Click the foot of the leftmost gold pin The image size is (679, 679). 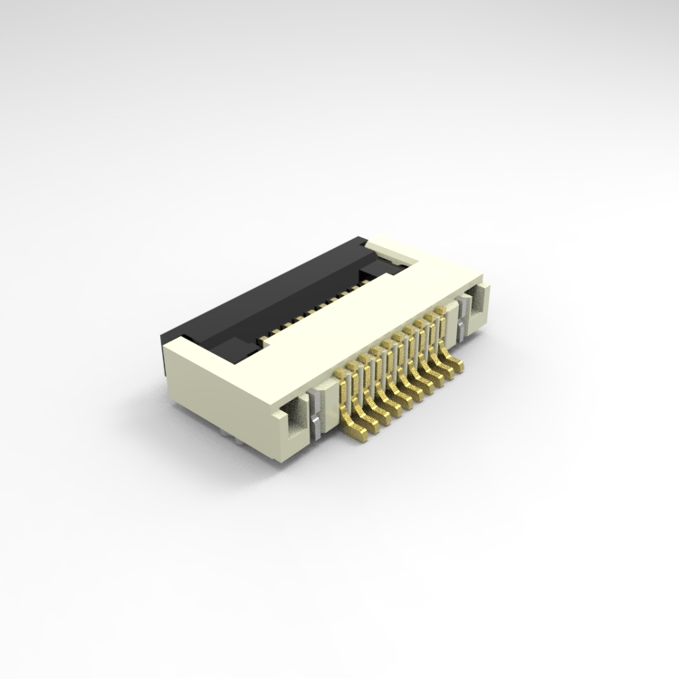[360, 438]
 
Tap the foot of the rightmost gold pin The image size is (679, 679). [456, 368]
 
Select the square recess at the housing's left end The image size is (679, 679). [292, 419]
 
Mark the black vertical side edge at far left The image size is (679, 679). [167, 359]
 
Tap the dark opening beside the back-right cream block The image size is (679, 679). [373, 269]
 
